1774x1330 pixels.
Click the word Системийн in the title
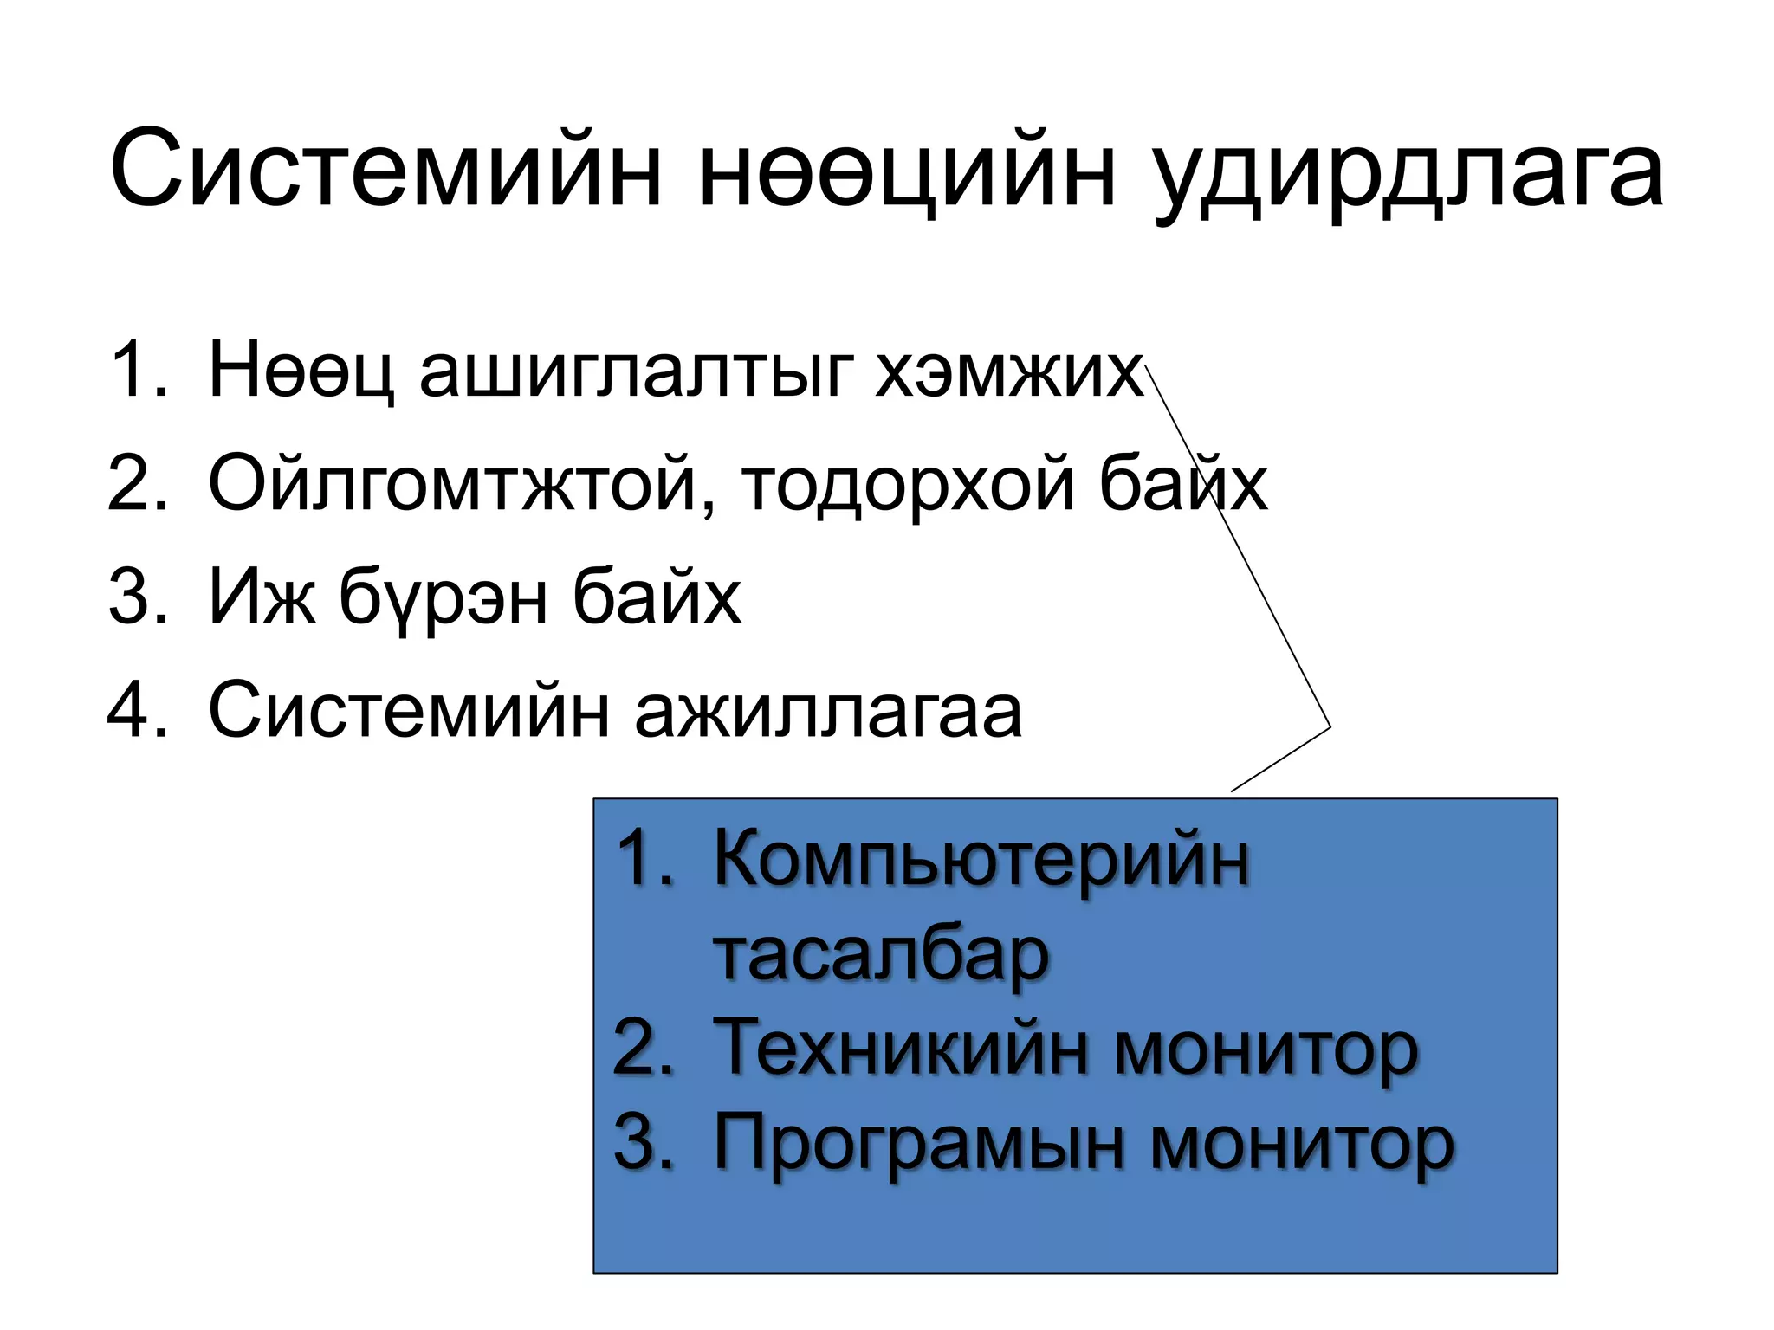386,171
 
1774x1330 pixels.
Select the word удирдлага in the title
1408,173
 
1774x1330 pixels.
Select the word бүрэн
443,599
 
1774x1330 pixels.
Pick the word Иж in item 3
262,597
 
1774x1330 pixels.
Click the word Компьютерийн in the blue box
981,862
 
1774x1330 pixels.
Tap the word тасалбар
881,955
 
